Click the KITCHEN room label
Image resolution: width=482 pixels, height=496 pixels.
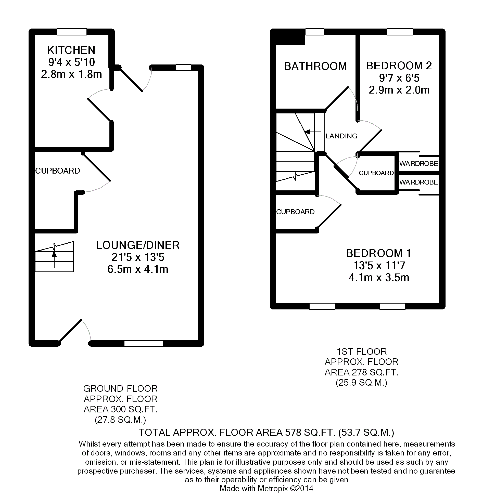point(71,50)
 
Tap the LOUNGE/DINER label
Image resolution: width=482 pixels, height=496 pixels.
point(138,245)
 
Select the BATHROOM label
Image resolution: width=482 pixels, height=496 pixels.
point(315,66)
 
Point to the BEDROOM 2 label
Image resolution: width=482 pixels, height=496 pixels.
point(399,66)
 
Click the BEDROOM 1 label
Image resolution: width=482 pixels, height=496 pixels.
point(379,253)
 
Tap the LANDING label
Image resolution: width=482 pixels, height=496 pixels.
point(341,136)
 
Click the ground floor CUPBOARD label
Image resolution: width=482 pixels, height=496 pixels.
point(58,171)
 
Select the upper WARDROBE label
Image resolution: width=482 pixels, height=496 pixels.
point(419,164)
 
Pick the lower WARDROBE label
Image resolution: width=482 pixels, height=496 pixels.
point(419,182)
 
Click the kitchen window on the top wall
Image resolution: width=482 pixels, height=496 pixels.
point(72,32)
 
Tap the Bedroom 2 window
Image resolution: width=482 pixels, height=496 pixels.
point(400,32)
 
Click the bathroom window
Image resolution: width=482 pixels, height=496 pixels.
point(315,32)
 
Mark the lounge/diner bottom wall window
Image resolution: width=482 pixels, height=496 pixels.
point(144,343)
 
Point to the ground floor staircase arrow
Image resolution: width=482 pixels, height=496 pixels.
point(54,259)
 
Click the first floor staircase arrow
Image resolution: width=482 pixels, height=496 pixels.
point(313,132)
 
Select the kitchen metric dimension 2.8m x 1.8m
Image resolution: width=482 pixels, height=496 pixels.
point(71,74)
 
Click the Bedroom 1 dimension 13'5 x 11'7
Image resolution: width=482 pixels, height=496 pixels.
point(379,266)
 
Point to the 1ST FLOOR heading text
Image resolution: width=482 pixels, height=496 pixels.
point(362,352)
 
